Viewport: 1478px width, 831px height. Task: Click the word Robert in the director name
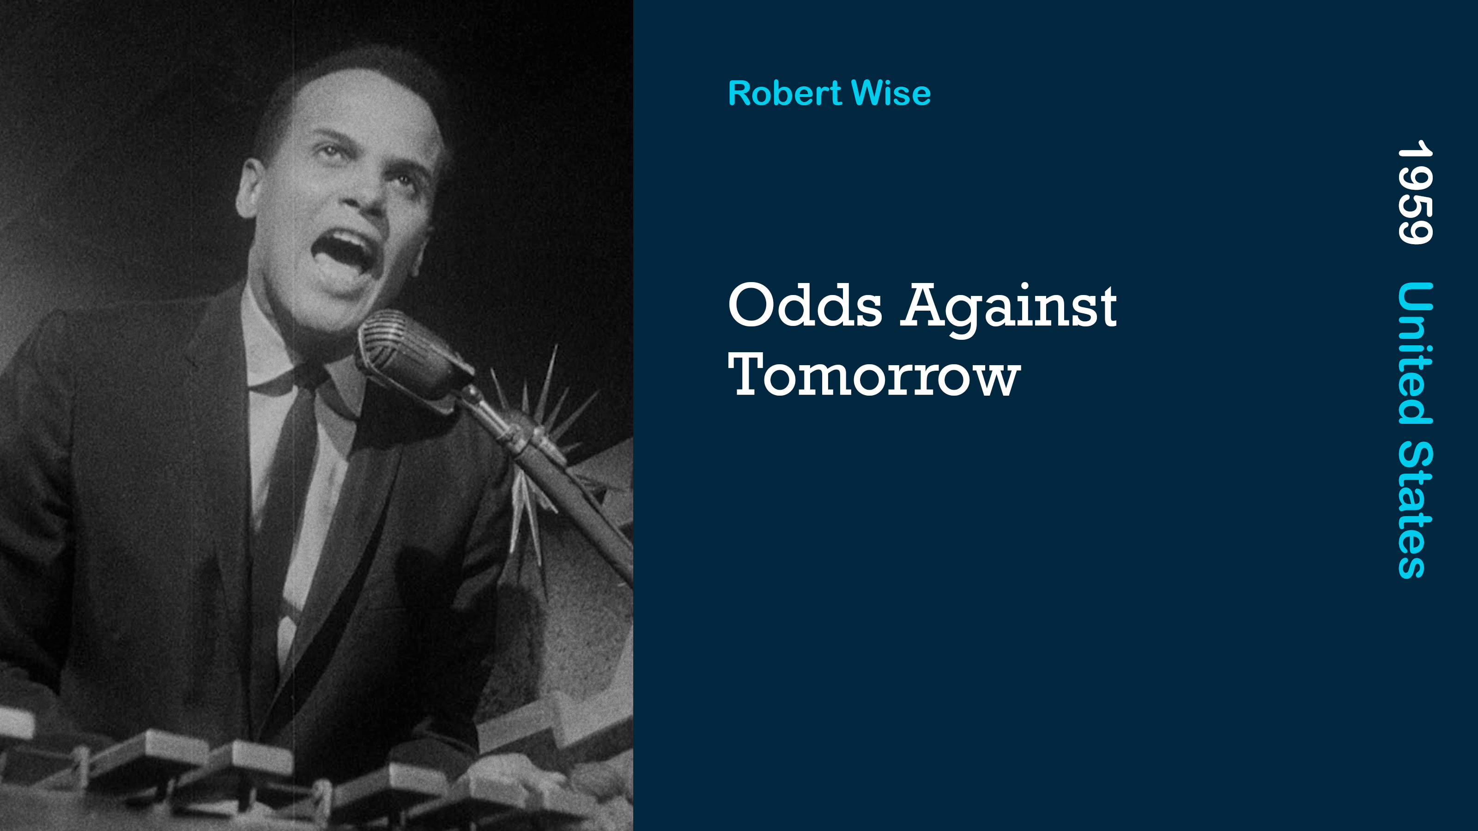click(784, 93)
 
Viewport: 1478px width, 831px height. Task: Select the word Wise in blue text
click(891, 93)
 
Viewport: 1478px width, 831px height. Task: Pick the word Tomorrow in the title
click(874, 374)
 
